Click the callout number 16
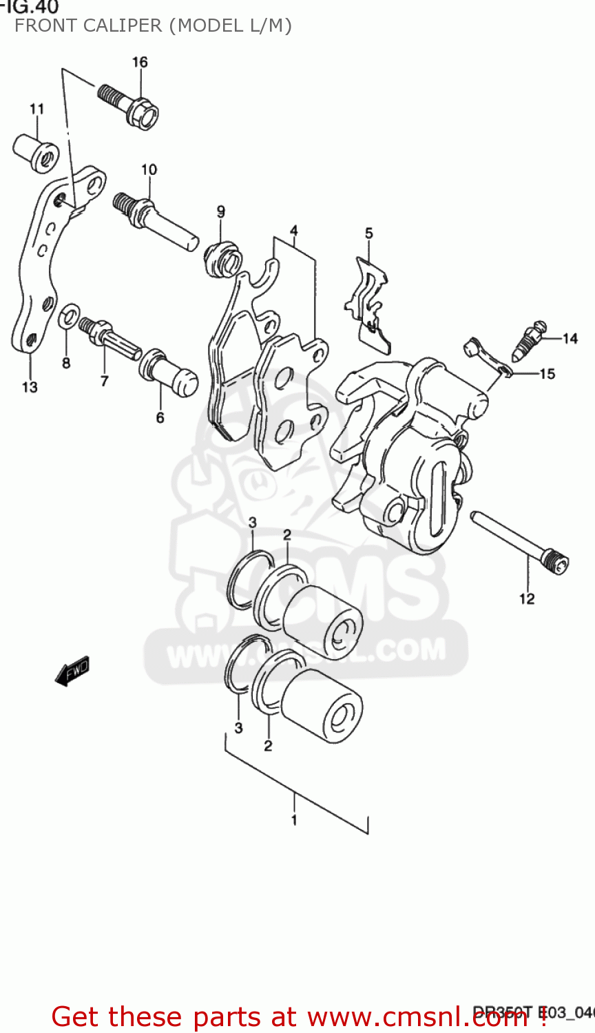click(x=140, y=62)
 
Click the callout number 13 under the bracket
click(x=30, y=387)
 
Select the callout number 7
click(x=104, y=380)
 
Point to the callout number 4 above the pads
click(x=293, y=230)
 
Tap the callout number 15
click(x=547, y=374)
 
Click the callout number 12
click(x=527, y=598)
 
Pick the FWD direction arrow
click(x=73, y=670)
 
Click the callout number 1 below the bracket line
click(x=294, y=820)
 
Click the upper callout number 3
click(x=253, y=523)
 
